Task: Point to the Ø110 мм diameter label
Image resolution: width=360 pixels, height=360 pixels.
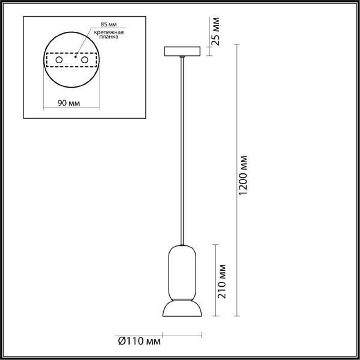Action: click(140, 341)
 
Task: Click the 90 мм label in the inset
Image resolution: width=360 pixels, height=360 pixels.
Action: click(70, 103)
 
